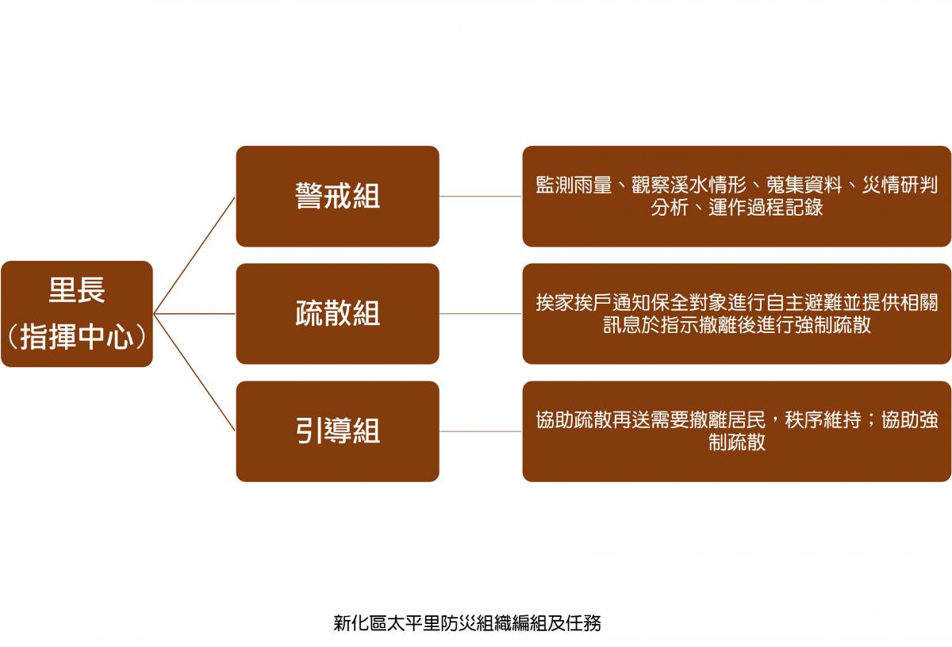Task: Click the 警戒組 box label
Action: pos(337,197)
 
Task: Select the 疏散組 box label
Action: pos(337,313)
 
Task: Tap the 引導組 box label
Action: pos(337,431)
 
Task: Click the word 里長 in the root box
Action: pos(77,290)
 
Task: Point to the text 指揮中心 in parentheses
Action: pos(77,337)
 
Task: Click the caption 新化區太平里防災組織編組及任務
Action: pos(467,623)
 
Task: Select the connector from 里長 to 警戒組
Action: pos(194,255)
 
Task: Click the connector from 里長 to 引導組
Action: pos(194,372)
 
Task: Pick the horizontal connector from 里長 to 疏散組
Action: pos(194,314)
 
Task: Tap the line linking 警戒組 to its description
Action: pos(481,197)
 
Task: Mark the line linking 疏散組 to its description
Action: pos(481,314)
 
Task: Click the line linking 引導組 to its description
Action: pos(481,431)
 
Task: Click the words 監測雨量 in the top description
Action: pos(574,186)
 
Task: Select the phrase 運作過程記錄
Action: pos(766,208)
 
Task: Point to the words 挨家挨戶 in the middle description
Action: pos(574,303)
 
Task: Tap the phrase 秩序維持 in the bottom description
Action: pos(823,420)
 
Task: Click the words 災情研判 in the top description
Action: pos(900,186)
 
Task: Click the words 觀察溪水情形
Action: pos(689,186)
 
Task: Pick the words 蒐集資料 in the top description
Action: pos(804,186)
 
